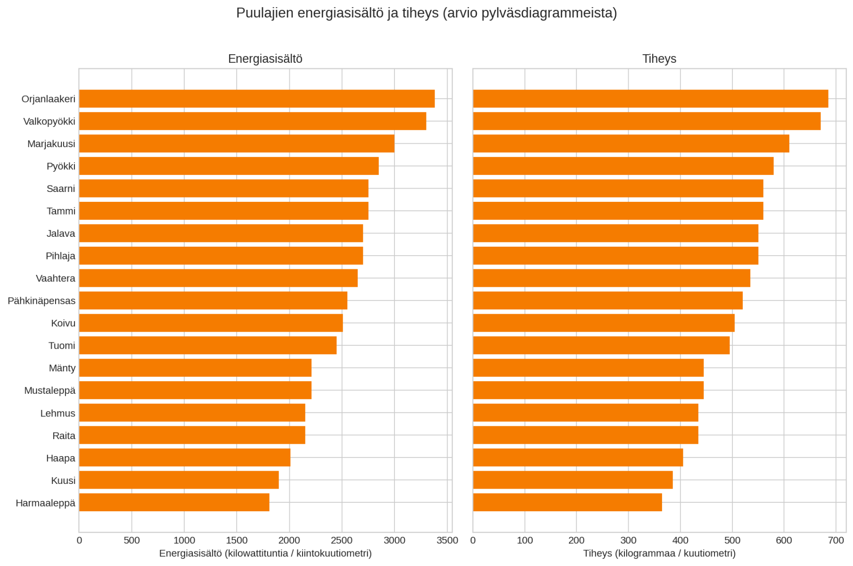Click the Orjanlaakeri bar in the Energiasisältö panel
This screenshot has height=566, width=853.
(257, 99)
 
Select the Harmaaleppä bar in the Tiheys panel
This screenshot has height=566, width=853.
(567, 503)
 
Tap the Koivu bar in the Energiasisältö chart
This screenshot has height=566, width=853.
(211, 323)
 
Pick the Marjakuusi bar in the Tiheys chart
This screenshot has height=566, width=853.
(631, 144)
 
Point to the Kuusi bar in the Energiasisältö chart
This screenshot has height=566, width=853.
(179, 480)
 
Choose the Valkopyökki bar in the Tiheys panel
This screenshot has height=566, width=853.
(647, 121)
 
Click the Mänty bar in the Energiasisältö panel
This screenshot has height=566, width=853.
(195, 368)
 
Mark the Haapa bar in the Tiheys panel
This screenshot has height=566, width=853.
(578, 458)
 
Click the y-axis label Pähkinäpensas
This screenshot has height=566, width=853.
(41, 301)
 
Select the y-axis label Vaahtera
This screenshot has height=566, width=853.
(56, 278)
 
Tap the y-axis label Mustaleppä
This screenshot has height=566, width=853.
(49, 391)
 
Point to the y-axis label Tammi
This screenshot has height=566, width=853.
(61, 211)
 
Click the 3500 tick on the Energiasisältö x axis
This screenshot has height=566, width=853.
(447, 541)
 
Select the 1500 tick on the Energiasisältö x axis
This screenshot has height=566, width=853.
(237, 541)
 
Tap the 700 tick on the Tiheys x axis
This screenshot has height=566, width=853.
(836, 541)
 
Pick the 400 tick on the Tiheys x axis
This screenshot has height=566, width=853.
(680, 541)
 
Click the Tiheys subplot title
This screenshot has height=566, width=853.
(659, 59)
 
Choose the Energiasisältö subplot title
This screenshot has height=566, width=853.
(265, 59)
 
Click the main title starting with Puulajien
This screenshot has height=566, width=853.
(426, 13)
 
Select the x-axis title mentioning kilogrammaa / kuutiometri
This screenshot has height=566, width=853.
(659, 553)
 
